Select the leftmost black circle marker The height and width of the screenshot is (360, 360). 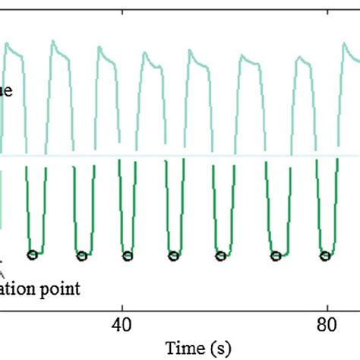pos(32,255)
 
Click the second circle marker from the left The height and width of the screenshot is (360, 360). pos(81,255)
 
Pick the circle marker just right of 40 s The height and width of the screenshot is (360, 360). pos(127,255)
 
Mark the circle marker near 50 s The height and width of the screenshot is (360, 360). pos(173,255)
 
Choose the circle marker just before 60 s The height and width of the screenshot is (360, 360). pos(220,255)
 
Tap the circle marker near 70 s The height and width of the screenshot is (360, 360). pos(276,255)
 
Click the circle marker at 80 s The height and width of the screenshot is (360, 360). pos(325,255)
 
